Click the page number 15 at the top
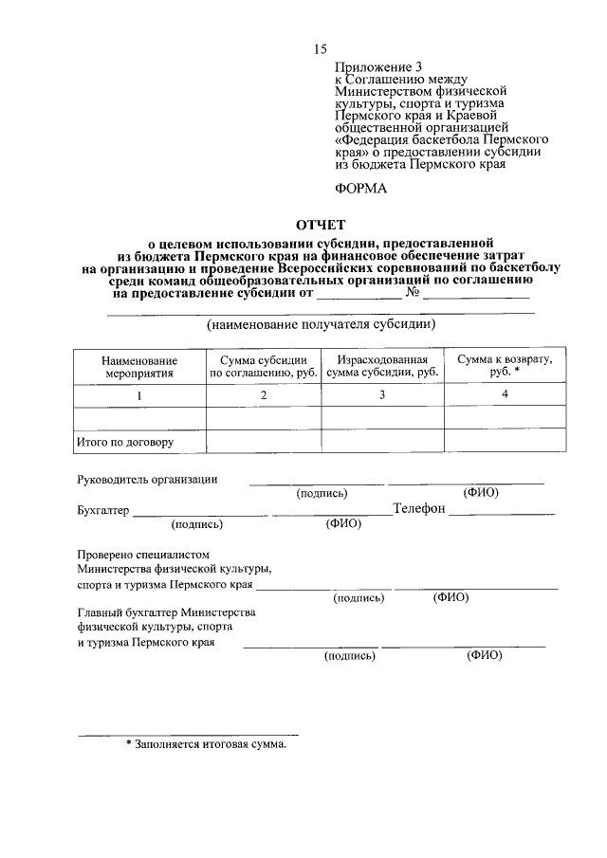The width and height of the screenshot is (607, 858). pos(321,49)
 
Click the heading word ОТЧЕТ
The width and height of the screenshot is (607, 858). pos(322,226)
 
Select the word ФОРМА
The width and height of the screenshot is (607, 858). pos(361,190)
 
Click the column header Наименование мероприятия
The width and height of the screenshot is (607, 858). pos(140,367)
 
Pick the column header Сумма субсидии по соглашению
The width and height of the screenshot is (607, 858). pos(264,367)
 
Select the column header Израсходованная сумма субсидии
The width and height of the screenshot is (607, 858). pos(382,367)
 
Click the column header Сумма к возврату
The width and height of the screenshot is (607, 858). pos(506,366)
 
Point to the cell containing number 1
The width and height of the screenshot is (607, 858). pos(140,395)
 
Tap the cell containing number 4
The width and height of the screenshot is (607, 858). pos(506,394)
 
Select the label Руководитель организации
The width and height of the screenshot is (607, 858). pos(147,479)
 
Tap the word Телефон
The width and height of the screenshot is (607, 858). pos(419,509)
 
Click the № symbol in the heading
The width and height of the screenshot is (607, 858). pos(413,293)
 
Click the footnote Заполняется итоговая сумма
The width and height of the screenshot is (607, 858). pos(206,745)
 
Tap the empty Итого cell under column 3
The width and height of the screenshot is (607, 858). pos(382,442)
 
